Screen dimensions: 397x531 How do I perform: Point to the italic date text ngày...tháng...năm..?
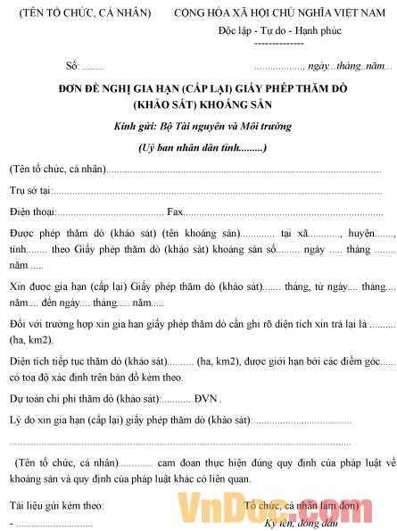pos(349,66)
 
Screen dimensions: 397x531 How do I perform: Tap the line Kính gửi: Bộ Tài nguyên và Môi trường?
pos(203,126)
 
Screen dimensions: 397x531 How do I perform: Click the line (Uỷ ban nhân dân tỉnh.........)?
pos(203,147)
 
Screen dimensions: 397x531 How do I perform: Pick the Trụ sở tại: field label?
pos(31,190)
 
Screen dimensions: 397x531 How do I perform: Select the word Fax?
pos(176,212)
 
